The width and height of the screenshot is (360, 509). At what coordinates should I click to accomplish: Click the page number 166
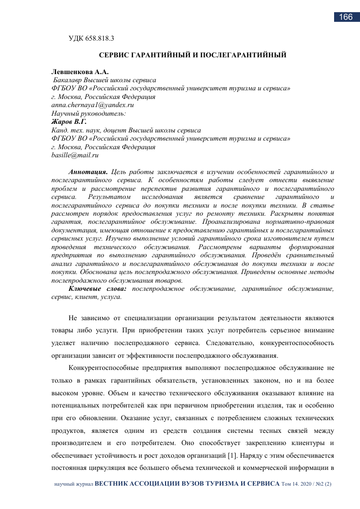tap(345, 17)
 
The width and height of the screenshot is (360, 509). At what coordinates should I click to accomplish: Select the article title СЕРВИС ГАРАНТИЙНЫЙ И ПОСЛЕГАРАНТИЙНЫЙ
tap(192, 55)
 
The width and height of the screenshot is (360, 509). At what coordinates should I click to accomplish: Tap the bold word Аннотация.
tap(88, 172)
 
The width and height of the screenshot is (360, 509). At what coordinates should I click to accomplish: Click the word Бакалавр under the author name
tap(71, 80)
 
